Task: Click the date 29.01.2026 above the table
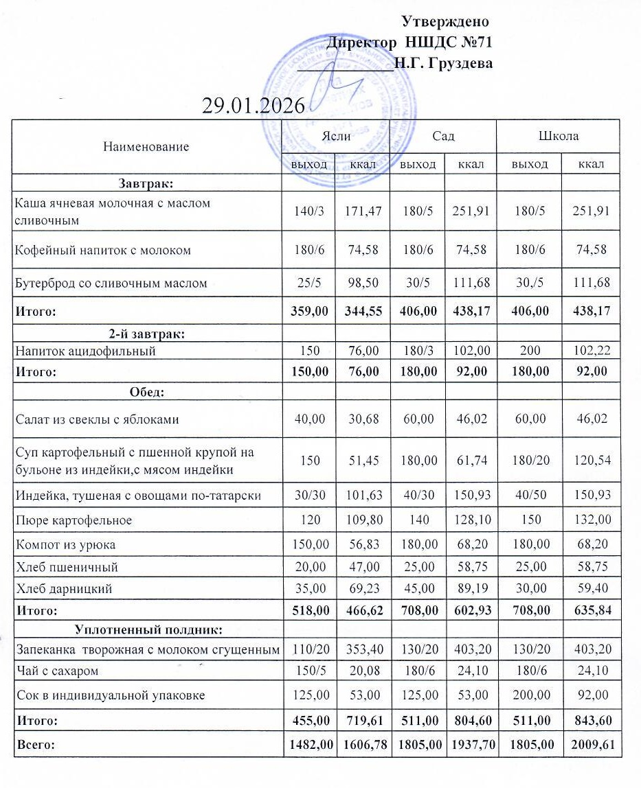pyautogui.click(x=254, y=106)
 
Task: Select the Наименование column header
pyautogui.click(x=146, y=146)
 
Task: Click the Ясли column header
pyautogui.click(x=336, y=136)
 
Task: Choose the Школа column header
pyautogui.click(x=559, y=136)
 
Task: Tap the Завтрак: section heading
pyautogui.click(x=145, y=183)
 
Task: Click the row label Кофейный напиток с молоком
pyautogui.click(x=103, y=250)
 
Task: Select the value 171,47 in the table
pyautogui.click(x=363, y=211)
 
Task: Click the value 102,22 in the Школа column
pyautogui.click(x=591, y=351)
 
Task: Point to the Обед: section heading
pyautogui.click(x=145, y=392)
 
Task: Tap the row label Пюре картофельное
pyautogui.click(x=74, y=520)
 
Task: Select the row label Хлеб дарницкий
pyautogui.click(x=64, y=588)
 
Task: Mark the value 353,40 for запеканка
pyautogui.click(x=363, y=649)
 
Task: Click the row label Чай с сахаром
pyautogui.click(x=57, y=670)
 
